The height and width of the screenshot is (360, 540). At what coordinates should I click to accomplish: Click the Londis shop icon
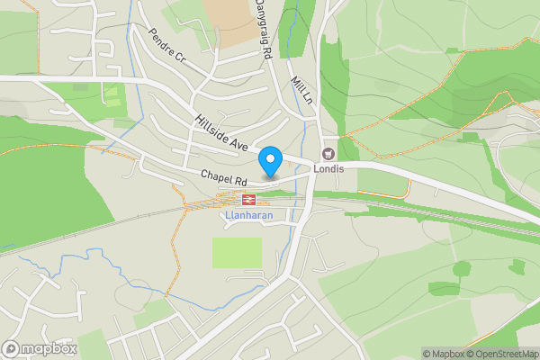[328, 153]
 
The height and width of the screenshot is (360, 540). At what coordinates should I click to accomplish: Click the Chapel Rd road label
[223, 177]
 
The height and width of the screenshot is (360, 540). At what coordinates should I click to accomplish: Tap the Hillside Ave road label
[220, 131]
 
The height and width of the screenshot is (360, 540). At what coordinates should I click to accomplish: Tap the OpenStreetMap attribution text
[500, 354]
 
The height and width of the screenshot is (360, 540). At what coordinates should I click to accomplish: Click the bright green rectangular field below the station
[237, 252]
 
